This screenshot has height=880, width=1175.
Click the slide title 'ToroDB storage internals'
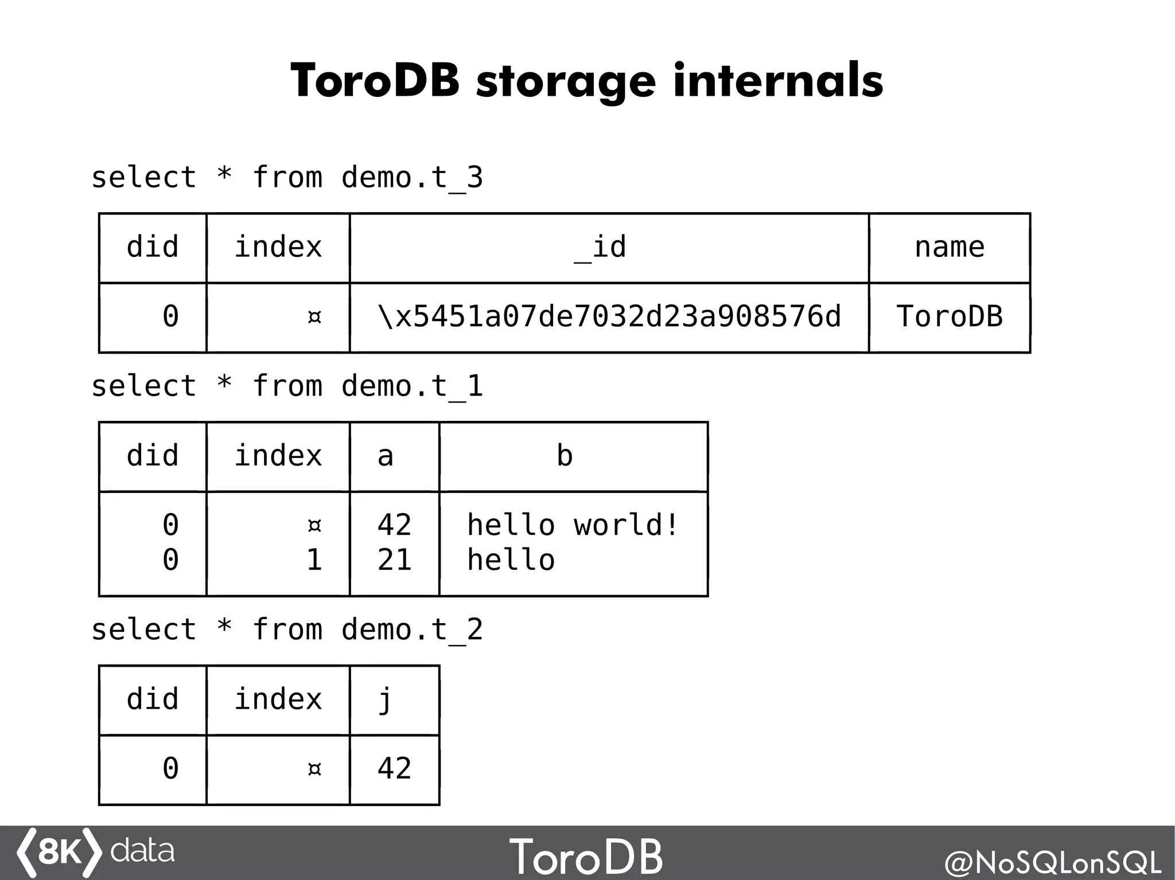click(586, 81)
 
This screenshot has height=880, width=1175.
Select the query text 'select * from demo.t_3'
click(287, 177)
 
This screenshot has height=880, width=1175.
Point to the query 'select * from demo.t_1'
click(287, 386)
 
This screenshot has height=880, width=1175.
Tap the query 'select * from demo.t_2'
click(287, 629)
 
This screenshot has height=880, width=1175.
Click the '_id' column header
click(600, 248)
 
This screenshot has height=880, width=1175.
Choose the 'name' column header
click(950, 248)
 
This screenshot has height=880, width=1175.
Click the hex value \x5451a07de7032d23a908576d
click(609, 316)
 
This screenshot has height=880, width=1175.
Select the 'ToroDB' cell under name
click(950, 316)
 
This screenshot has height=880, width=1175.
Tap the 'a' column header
click(386, 456)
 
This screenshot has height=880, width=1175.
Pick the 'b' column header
click(565, 456)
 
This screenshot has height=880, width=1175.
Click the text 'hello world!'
click(573, 525)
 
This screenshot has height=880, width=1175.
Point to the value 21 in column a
click(395, 560)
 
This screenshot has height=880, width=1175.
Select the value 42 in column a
click(395, 525)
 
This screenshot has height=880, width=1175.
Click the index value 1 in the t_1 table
click(314, 560)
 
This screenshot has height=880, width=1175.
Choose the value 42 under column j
click(395, 769)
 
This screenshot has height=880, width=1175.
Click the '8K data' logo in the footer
click(95, 852)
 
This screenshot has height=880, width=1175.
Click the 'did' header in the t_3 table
click(153, 248)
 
